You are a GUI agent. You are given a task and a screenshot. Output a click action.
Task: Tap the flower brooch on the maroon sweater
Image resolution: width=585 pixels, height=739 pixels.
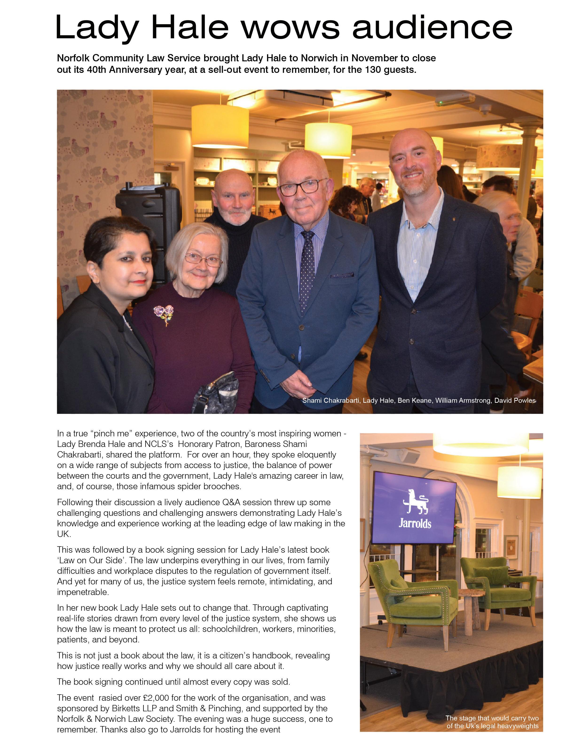click(x=164, y=314)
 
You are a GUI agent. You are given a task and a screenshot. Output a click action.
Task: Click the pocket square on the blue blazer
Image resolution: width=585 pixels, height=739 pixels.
click(x=342, y=275)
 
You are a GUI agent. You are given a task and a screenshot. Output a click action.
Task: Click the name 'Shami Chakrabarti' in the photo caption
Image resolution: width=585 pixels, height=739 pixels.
click(x=331, y=400)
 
